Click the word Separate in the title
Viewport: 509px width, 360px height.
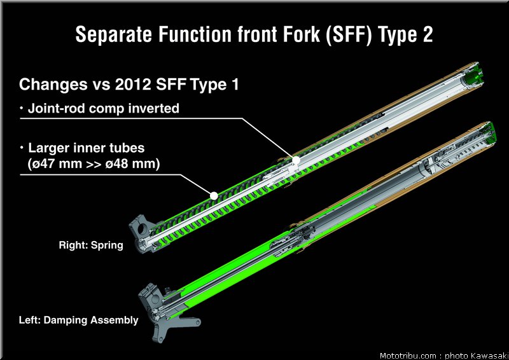tap(114, 34)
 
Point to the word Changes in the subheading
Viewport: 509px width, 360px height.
tap(53, 85)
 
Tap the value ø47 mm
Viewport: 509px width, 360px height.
tap(55, 163)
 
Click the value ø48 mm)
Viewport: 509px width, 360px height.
tap(133, 163)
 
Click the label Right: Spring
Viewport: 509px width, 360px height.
tap(91, 245)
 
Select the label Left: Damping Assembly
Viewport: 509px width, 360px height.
tap(78, 320)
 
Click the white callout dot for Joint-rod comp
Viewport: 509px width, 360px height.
tap(296, 160)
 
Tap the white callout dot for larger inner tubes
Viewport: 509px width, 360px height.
tap(214, 195)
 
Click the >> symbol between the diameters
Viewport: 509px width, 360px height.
tap(94, 164)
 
